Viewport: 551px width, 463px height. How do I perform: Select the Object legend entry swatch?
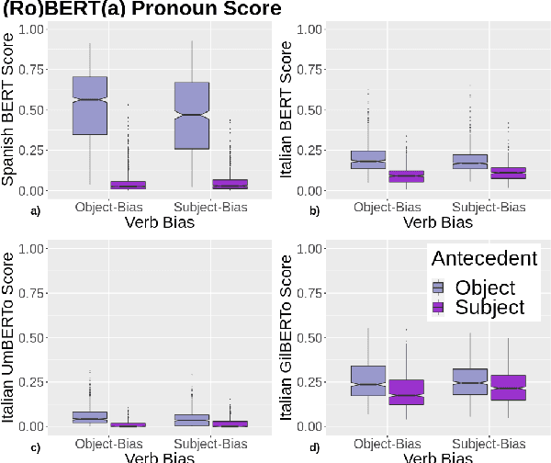(439, 287)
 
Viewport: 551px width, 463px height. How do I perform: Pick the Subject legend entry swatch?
(439, 308)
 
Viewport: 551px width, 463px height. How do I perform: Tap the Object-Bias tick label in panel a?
(109, 207)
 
